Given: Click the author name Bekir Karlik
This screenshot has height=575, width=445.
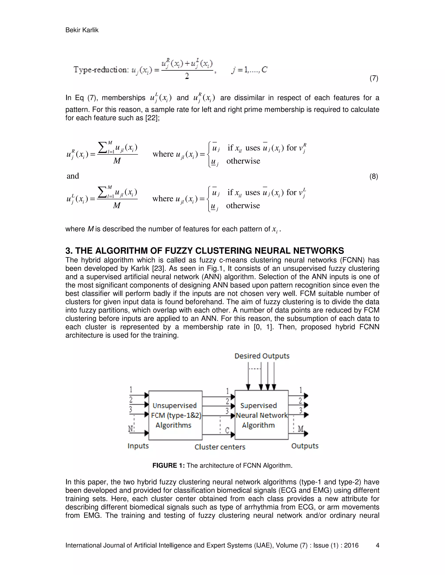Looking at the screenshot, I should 82,30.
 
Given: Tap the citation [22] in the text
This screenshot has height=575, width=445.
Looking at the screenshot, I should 152,118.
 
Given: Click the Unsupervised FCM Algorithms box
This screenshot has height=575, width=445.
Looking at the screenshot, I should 175,415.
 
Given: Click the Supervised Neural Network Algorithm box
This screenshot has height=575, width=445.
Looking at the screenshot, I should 261,415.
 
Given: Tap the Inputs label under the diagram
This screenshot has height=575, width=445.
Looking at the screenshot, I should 138,446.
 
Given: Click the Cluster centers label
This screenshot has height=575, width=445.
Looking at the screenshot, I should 220,447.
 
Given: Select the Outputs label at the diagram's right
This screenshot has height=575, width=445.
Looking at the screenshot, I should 305,446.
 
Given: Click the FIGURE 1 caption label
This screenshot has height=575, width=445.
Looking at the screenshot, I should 169,465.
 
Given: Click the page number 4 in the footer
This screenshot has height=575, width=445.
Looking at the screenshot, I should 377,545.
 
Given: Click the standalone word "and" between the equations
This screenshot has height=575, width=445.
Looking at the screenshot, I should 73,176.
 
